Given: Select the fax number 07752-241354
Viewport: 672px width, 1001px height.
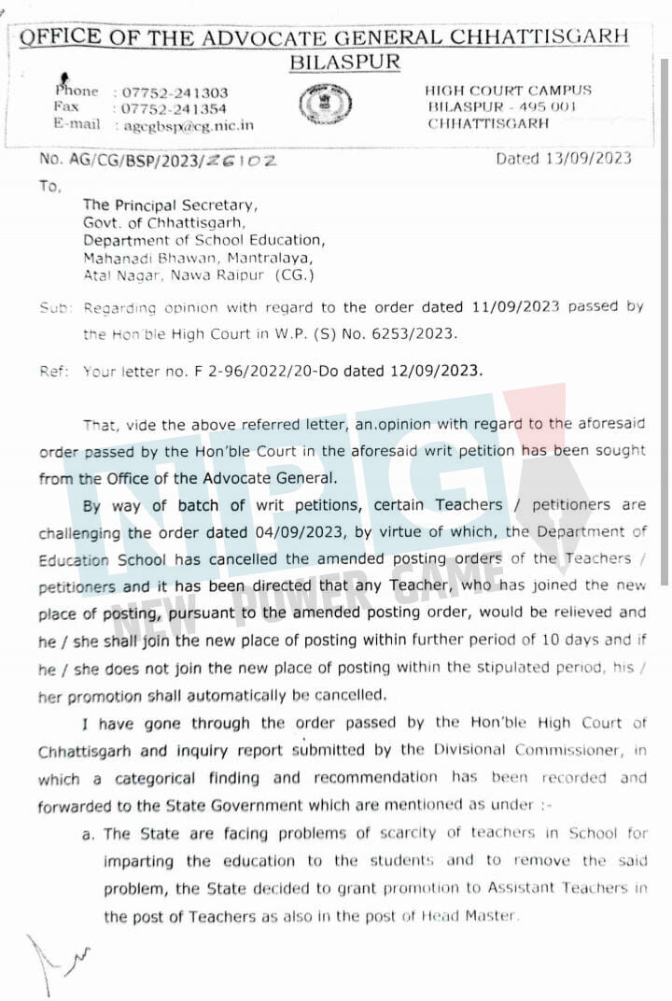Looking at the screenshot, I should (175, 108).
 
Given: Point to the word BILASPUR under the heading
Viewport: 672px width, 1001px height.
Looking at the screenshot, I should (344, 63).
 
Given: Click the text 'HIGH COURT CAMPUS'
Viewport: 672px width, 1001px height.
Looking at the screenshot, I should (508, 91).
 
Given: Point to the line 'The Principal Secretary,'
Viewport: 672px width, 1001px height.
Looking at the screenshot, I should (169, 204).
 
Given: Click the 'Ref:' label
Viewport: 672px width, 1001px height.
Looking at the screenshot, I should (54, 371).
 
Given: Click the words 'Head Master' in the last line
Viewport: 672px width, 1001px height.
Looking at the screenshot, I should (476, 916).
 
